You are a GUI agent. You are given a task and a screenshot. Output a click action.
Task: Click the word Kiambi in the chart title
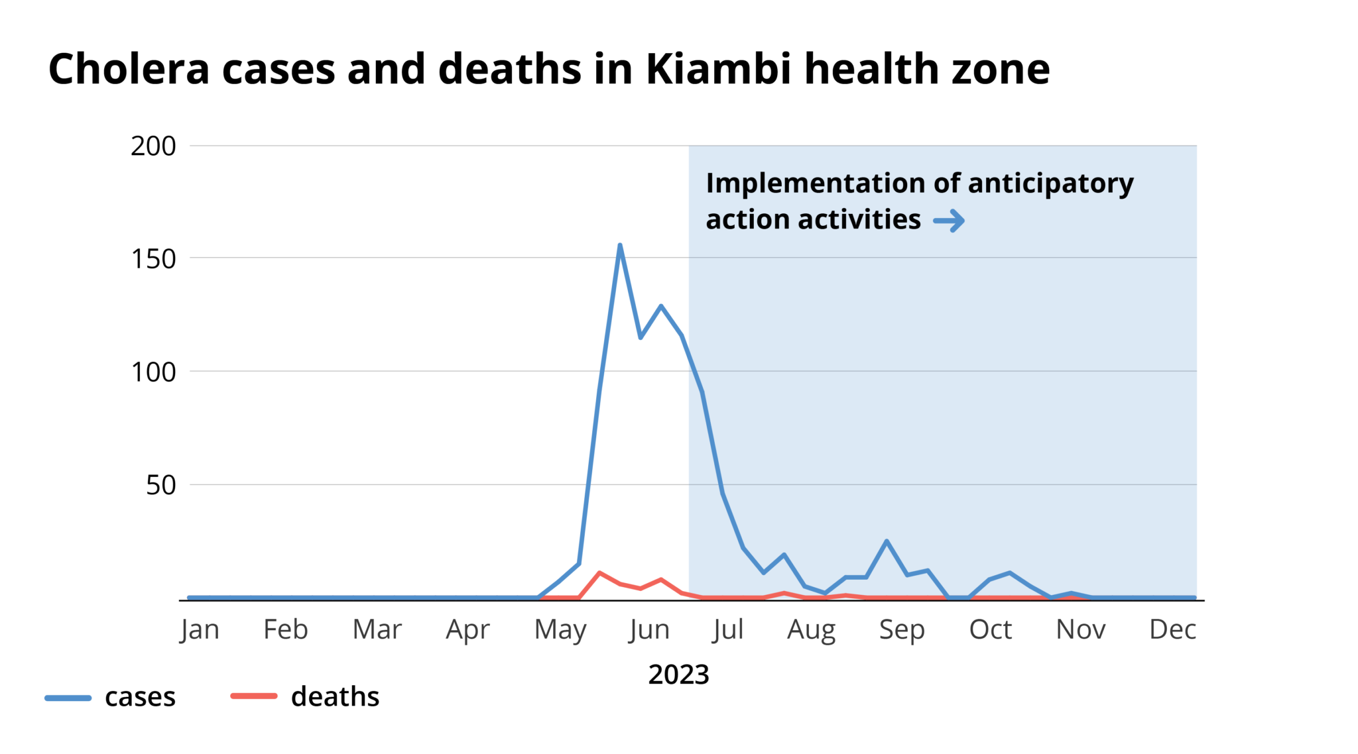pyautogui.click(x=718, y=69)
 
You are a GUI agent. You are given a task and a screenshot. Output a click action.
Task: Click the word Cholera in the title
pyautogui.click(x=129, y=69)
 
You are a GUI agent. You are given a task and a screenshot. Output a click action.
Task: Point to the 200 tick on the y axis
pyautogui.click(x=153, y=146)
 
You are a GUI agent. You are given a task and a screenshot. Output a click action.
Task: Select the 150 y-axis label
pyautogui.click(x=153, y=259)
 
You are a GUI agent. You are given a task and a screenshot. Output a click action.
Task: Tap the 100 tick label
pyautogui.click(x=153, y=372)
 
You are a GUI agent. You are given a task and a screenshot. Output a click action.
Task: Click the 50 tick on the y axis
pyautogui.click(x=161, y=486)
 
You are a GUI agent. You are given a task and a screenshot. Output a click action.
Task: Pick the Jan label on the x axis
pyautogui.click(x=200, y=629)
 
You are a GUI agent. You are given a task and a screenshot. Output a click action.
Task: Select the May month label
pyautogui.click(x=560, y=629)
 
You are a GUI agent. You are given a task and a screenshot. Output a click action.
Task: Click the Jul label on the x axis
pyautogui.click(x=728, y=629)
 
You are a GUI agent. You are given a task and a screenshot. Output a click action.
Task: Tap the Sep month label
pyautogui.click(x=902, y=629)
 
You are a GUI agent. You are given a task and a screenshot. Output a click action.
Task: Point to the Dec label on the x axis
pyautogui.click(x=1172, y=629)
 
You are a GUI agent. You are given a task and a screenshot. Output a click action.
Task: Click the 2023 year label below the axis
pyautogui.click(x=678, y=674)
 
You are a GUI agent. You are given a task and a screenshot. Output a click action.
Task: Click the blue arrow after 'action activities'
pyautogui.click(x=949, y=221)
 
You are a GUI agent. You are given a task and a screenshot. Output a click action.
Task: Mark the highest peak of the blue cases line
pyautogui.click(x=620, y=245)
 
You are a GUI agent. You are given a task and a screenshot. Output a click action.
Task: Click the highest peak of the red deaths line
pyautogui.click(x=599, y=572)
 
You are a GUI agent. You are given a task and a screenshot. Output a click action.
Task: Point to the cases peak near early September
pyautogui.click(x=887, y=541)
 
